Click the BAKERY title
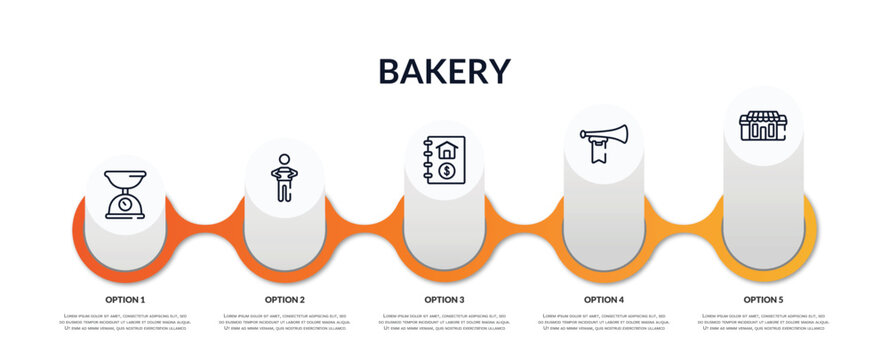tap(444, 71)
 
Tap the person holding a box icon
tap(284, 178)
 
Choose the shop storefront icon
tap(763, 126)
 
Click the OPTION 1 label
tap(125, 299)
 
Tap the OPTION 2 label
tap(284, 299)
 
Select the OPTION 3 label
tap(444, 299)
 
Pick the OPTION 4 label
tap(603, 299)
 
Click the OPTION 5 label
tap(763, 299)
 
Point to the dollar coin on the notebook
tap(447, 172)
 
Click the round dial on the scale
tap(125, 202)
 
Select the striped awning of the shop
tap(763, 117)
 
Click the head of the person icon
tap(284, 158)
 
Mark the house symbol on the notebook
tap(447, 150)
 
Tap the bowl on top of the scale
tap(125, 181)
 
